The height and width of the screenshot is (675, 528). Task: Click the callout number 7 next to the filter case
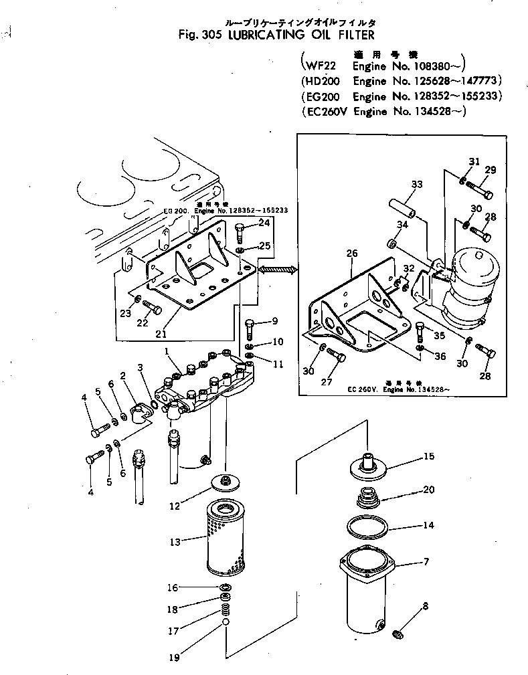click(426, 561)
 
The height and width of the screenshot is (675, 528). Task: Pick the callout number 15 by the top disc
click(428, 457)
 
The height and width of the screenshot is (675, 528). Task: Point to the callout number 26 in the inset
click(352, 254)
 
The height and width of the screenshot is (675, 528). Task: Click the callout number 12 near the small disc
click(174, 506)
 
